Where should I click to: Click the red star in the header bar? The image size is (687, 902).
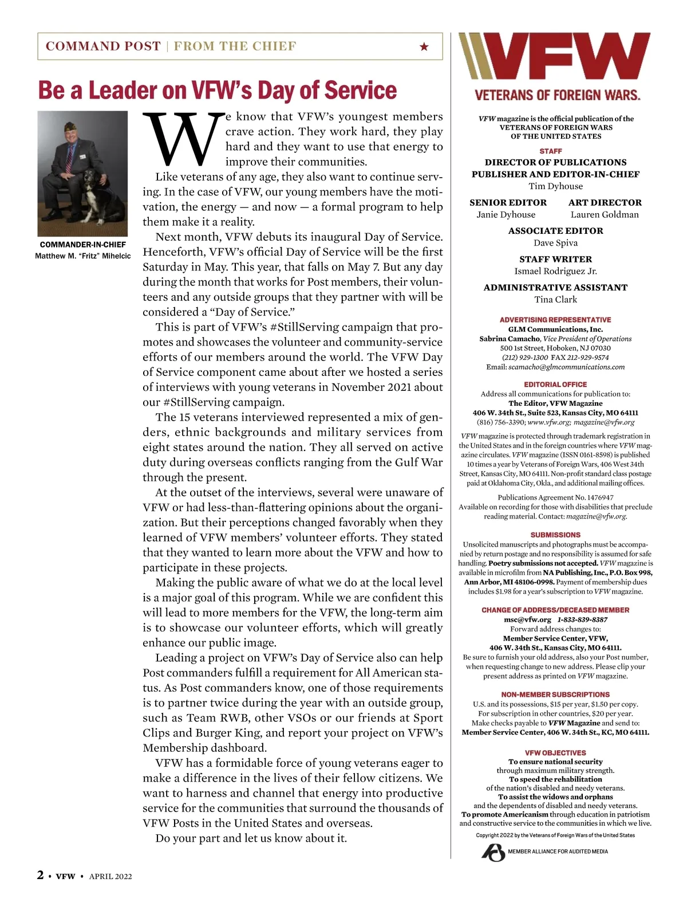[x=424, y=46]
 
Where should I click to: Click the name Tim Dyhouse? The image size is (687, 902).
[x=555, y=186]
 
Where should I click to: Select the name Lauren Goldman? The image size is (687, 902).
[x=605, y=215]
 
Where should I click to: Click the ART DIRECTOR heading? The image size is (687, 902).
[x=605, y=202]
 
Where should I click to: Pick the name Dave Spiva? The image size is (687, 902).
[x=555, y=243]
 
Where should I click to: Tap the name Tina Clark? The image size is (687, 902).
[x=555, y=300]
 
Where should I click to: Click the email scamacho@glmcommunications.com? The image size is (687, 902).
[x=566, y=367]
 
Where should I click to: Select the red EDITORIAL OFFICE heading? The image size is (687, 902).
[x=555, y=385]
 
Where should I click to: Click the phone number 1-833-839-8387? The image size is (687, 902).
[x=582, y=619]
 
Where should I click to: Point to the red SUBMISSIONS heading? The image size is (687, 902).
[x=555, y=535]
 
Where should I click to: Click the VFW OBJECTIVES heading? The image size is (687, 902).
[x=555, y=752]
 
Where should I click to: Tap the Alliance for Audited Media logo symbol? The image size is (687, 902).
[x=492, y=853]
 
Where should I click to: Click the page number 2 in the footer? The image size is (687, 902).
[x=41, y=875]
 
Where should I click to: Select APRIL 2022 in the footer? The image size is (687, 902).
[x=110, y=876]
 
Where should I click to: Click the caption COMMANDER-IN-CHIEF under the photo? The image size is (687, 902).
[x=83, y=245]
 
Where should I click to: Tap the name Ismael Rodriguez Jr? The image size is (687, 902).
[x=555, y=271]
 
